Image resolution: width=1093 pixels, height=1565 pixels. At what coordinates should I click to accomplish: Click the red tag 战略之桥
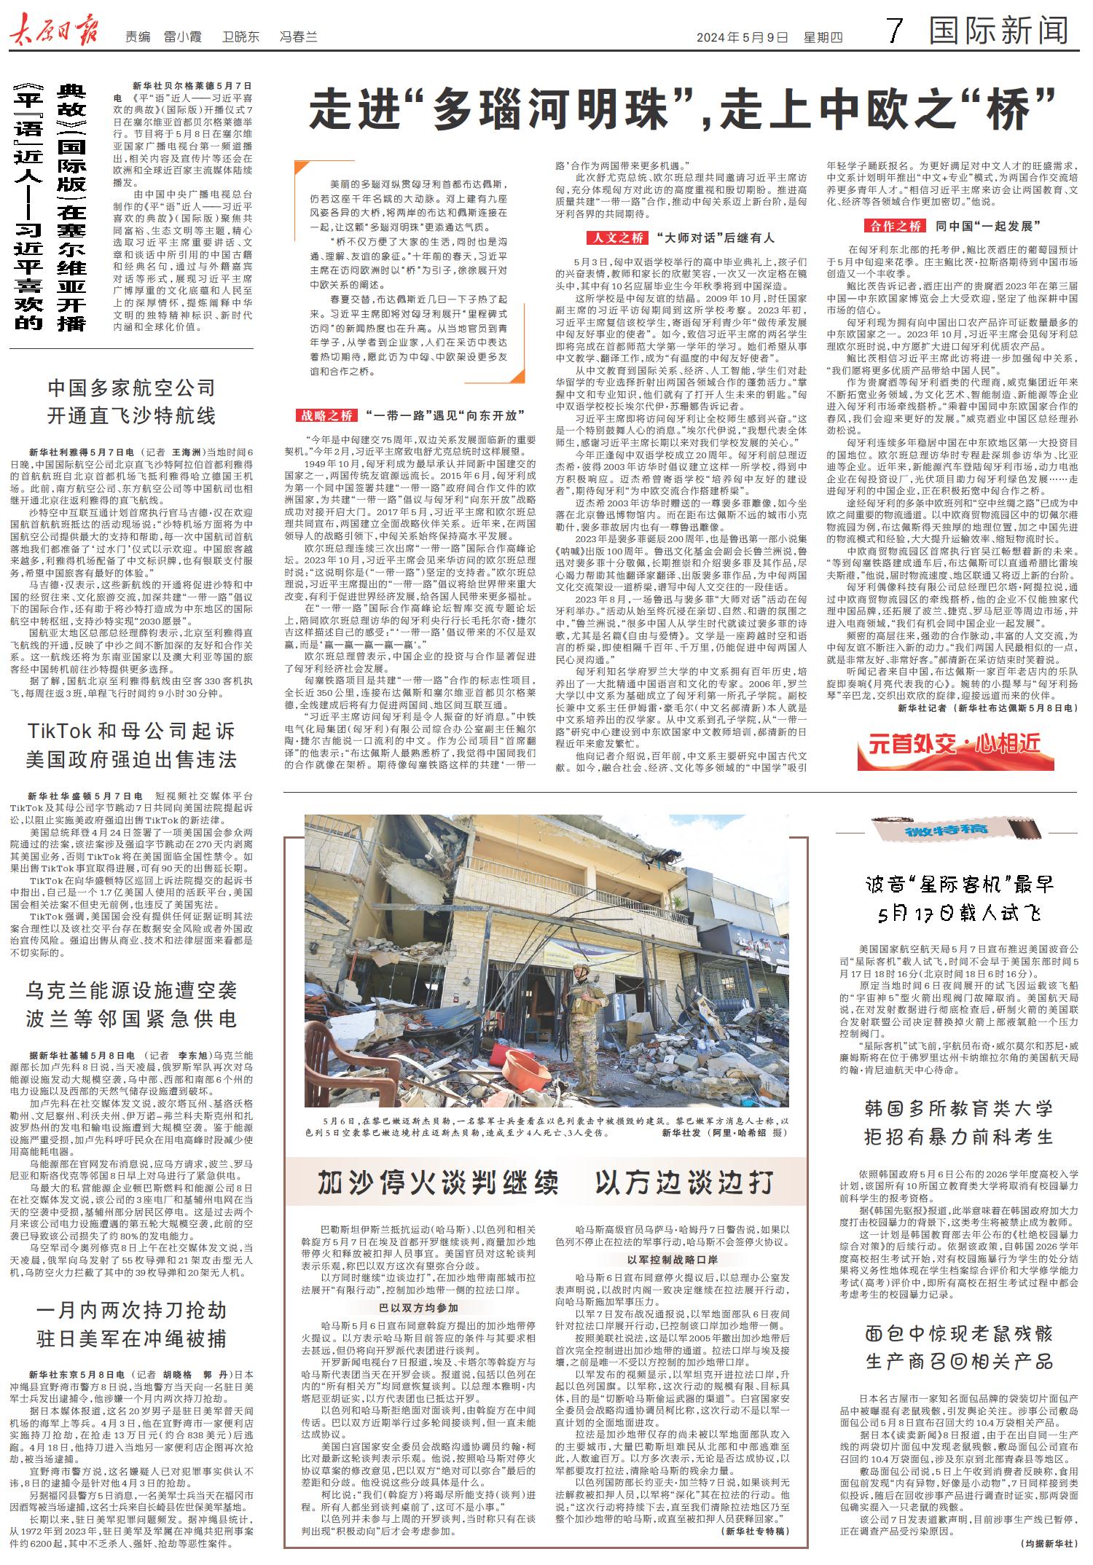pos(326,415)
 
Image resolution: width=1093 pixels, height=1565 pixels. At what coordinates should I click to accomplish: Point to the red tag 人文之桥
pos(616,238)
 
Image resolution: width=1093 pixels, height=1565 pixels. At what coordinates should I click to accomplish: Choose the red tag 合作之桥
pos(894,225)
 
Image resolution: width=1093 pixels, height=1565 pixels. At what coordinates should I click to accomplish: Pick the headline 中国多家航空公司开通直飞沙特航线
pos(131,401)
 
